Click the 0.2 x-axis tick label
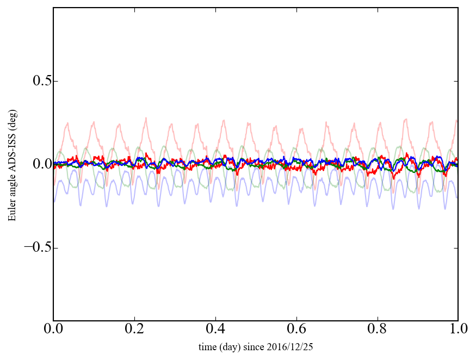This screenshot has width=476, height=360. [134, 330]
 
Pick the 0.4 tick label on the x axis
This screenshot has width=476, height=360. [215, 330]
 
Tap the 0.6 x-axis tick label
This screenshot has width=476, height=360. [296, 330]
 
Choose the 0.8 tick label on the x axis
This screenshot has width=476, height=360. [377, 330]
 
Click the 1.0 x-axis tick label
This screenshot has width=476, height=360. [458, 330]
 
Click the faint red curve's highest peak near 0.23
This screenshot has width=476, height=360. [146, 117]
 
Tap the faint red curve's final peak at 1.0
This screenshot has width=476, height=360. [456, 120]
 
